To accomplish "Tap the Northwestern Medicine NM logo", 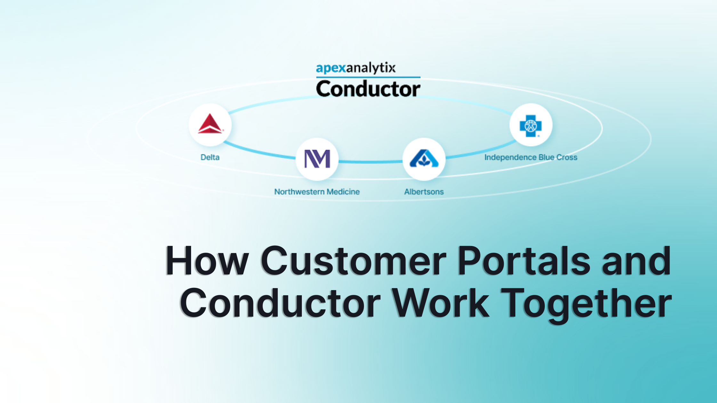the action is click(317, 159).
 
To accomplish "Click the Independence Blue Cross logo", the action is click(530, 126).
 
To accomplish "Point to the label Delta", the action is click(210, 157).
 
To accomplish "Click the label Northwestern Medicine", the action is click(317, 192).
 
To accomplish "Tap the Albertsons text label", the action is click(424, 192).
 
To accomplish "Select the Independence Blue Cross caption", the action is click(531, 157).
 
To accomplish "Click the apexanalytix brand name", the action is click(356, 68).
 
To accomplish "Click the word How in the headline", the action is click(207, 260).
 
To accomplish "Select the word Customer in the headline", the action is click(354, 260).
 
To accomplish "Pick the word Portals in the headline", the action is click(524, 260).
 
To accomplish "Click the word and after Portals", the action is click(636, 260).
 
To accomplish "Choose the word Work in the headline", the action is click(441, 303).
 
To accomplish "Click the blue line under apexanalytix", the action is click(368, 77).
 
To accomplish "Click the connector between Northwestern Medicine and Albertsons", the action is click(370, 162).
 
